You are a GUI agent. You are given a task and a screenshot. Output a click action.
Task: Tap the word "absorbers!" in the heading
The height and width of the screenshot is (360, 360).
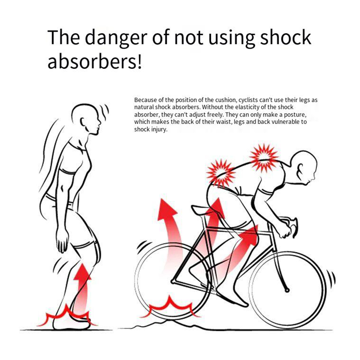94,62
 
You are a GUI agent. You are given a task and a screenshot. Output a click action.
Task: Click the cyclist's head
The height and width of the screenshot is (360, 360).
303,165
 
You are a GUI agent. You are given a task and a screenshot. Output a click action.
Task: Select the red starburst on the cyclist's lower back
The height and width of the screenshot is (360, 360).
220,173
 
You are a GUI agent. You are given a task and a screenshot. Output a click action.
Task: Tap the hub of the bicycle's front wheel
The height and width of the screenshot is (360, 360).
287,290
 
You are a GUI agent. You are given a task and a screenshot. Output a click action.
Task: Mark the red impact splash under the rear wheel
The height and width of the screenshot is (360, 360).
171,307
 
